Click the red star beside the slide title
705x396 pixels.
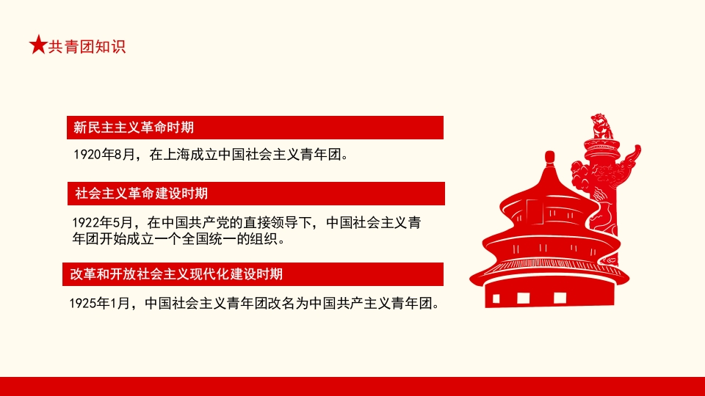[x=38, y=45]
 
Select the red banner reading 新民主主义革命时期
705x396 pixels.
[x=255, y=128]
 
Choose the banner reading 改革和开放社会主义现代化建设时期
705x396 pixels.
[x=253, y=274]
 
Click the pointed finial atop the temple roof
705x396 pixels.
[x=549, y=159]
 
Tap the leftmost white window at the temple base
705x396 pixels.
[x=497, y=298]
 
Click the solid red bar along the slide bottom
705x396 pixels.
[x=352, y=386]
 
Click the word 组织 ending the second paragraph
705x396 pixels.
[x=270, y=239]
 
